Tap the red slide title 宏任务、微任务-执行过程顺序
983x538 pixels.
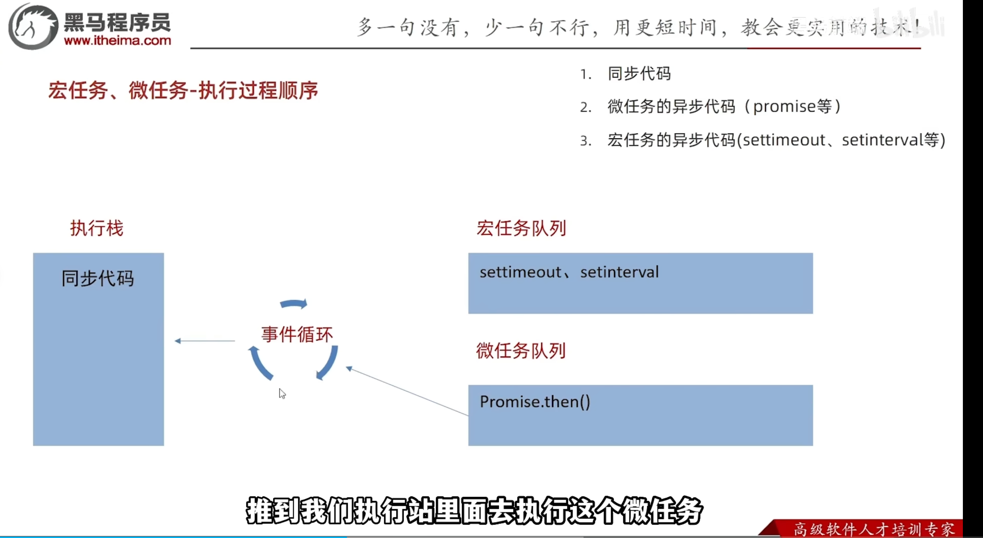pos(183,91)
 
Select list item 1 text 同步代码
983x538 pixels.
pos(639,74)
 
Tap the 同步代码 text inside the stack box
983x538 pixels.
pos(98,278)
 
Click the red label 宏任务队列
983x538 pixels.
pos(521,228)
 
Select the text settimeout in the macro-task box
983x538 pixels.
pos(520,273)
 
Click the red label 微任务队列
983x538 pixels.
pos(521,351)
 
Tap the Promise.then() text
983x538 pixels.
pos(535,402)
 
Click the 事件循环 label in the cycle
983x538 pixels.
pos(297,335)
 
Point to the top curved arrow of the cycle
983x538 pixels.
pos(293,304)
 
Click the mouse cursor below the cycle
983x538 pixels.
pos(282,393)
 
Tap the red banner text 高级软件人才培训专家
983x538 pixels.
pos(874,530)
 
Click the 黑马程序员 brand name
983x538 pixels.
pos(117,23)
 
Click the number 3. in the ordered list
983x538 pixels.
pos(585,141)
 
